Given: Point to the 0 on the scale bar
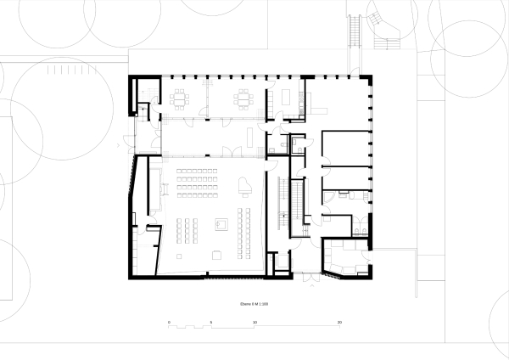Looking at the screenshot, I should click(169, 323).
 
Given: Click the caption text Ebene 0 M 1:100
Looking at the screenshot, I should click(254, 302).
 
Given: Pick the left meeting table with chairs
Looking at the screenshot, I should click(181, 99).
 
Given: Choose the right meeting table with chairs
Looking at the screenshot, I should click(244, 99).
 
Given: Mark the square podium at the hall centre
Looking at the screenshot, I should click(221, 225).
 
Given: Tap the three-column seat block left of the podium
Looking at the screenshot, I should click(188, 228).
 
